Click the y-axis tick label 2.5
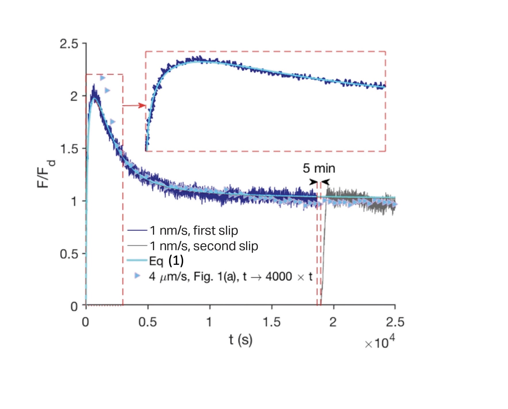[x=69, y=44]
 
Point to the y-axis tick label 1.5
[x=69, y=149]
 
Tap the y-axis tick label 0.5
[x=69, y=254]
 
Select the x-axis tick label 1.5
[x=271, y=322]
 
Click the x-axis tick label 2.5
[x=395, y=322]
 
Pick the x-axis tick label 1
[x=209, y=322]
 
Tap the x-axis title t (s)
[x=240, y=340]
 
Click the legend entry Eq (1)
[x=166, y=261]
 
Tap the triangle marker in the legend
[x=138, y=276]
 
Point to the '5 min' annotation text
[x=319, y=168]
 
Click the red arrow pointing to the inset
[x=134, y=105]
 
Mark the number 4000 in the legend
[x=279, y=277]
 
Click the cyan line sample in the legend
[x=137, y=260]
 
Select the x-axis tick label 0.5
[x=147, y=322]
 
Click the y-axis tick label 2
[x=74, y=97]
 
